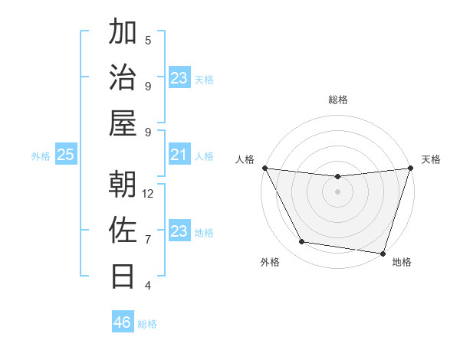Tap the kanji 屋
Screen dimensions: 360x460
tap(123, 123)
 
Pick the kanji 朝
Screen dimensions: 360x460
tap(123, 185)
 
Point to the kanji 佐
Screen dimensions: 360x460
tap(123, 230)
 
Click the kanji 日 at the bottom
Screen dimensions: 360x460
tap(123, 275)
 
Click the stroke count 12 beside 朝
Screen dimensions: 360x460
tap(148, 194)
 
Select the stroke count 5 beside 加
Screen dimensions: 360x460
tap(148, 41)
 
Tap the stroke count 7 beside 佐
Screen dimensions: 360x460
tap(148, 239)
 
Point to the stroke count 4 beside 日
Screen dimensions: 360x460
tap(148, 285)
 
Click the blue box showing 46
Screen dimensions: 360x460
tap(123, 322)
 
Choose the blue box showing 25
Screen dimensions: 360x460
tap(65, 155)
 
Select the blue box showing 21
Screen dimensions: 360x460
tap(179, 155)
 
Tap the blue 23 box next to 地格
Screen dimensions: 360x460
tap(179, 232)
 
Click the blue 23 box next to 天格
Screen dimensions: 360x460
tap(179, 78)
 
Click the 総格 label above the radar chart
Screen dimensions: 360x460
tap(337, 100)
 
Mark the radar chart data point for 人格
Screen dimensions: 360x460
tap(264, 168)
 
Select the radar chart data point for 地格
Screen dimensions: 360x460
tap(383, 253)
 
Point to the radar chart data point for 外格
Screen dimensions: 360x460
tap(302, 242)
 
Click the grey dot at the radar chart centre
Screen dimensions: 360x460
tap(337, 191)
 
